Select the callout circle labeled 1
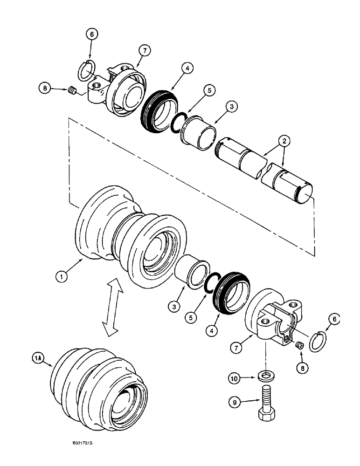[62, 278]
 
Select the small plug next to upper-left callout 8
[72, 92]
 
